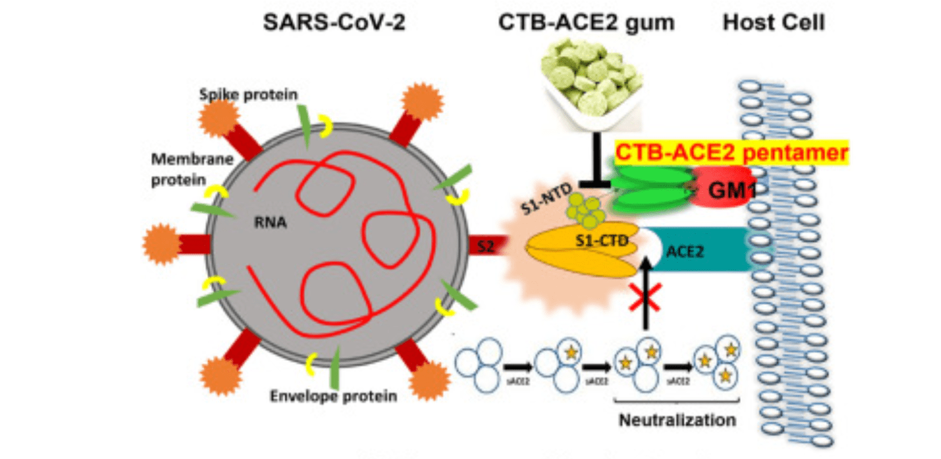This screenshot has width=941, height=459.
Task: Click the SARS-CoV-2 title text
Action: (x=335, y=24)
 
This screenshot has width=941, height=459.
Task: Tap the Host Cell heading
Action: (x=773, y=24)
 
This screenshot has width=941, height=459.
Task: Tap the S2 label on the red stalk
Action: (x=486, y=245)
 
